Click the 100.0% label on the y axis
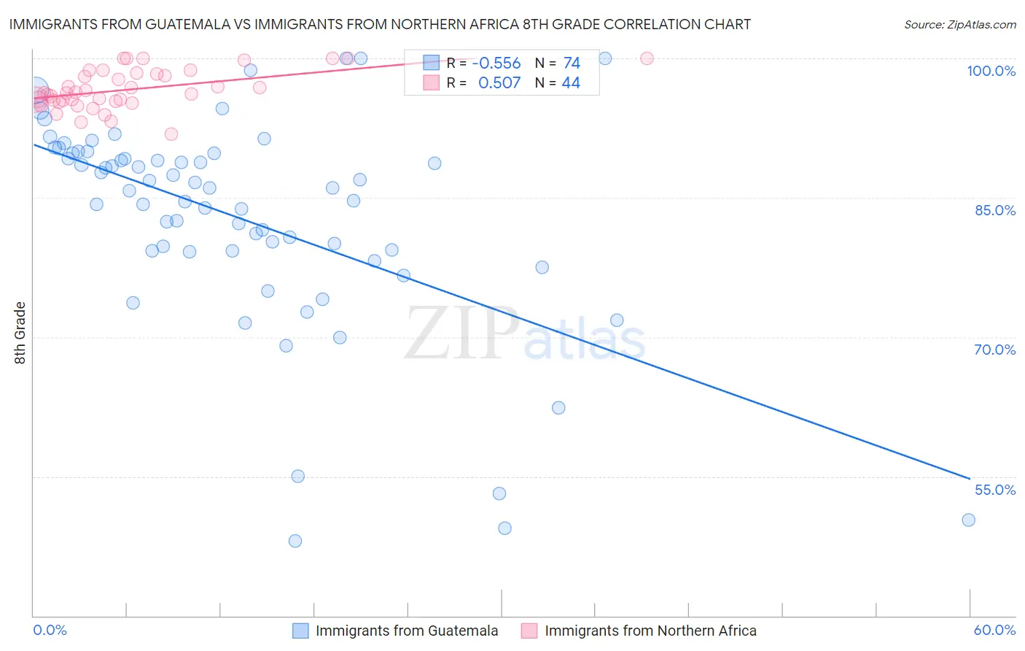(991, 71)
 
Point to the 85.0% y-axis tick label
(994, 210)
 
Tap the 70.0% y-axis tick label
(994, 350)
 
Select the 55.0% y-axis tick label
(994, 490)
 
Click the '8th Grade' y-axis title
(20, 333)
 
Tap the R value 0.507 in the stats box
(499, 83)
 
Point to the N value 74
(572, 63)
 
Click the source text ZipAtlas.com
(959, 25)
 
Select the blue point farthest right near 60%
(968, 520)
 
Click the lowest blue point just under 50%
(295, 541)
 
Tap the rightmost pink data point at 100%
(647, 58)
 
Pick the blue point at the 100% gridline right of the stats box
(605, 58)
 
